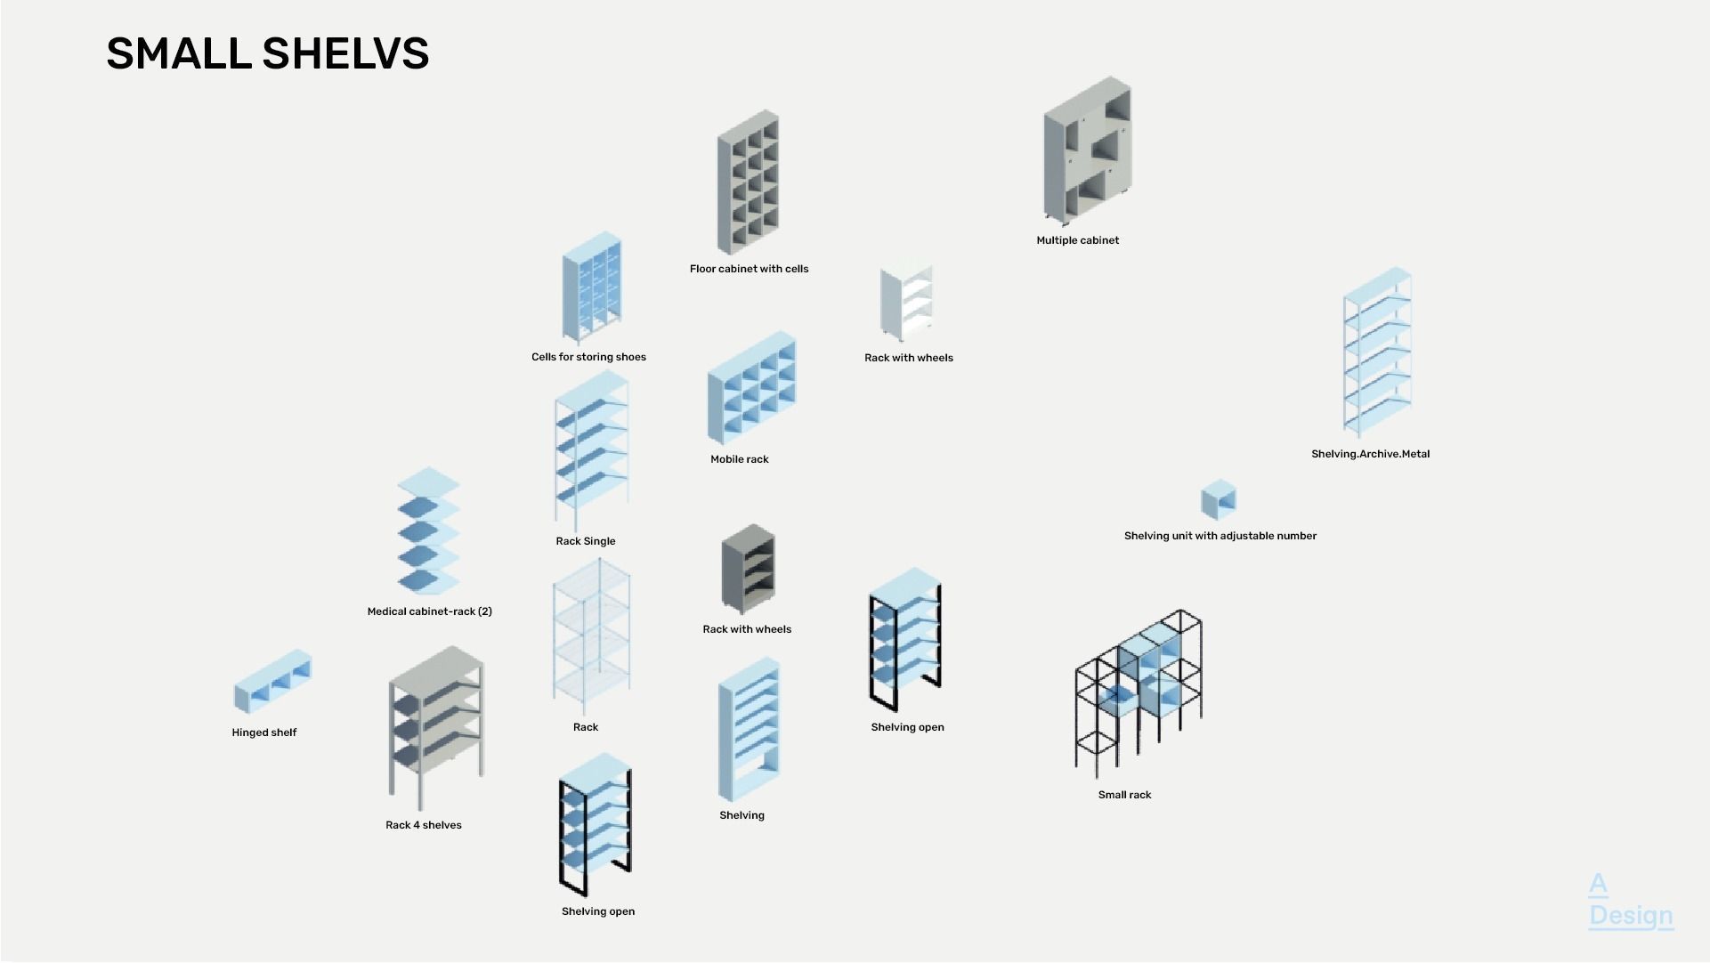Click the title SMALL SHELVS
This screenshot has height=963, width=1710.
click(x=267, y=53)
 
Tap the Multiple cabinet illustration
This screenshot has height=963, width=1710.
click(x=1088, y=151)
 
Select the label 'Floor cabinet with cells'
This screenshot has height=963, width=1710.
click(x=749, y=269)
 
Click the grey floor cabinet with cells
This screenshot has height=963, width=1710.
click(x=749, y=182)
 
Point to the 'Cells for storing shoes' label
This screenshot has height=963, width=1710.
click(x=588, y=357)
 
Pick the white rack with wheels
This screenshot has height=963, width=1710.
click(x=907, y=303)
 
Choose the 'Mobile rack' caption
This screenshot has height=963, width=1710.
click(x=739, y=459)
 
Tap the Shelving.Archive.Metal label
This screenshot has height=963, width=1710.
click(x=1370, y=454)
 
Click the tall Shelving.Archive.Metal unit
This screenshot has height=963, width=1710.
click(x=1377, y=352)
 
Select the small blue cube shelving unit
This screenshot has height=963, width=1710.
click(x=1218, y=500)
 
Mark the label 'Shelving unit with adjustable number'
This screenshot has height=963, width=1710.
click(x=1220, y=536)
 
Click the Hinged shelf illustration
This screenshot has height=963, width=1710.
click(x=272, y=682)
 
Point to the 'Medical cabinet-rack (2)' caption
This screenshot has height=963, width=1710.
click(x=429, y=611)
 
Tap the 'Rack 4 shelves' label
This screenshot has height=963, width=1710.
click(x=423, y=825)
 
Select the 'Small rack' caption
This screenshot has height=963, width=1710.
click(x=1124, y=795)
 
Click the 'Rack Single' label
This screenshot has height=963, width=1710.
click(x=585, y=541)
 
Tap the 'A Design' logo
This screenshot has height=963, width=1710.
click(x=1629, y=901)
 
